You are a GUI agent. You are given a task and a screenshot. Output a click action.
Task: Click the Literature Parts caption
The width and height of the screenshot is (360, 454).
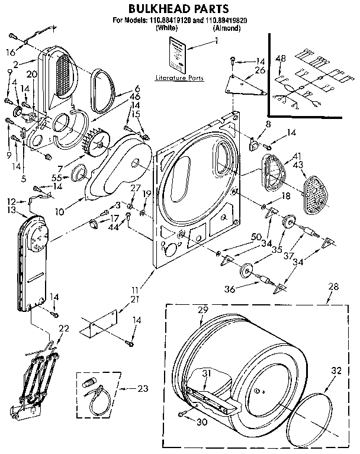(x=178, y=78)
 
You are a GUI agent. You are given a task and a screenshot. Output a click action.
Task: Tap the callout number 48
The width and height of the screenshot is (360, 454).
(x=281, y=58)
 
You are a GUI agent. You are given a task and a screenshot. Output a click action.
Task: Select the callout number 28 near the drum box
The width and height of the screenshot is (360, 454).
(x=333, y=286)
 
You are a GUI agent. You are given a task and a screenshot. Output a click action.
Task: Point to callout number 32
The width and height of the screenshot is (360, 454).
(x=337, y=371)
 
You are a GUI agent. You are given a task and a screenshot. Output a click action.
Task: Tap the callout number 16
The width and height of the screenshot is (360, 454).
(x=11, y=53)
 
